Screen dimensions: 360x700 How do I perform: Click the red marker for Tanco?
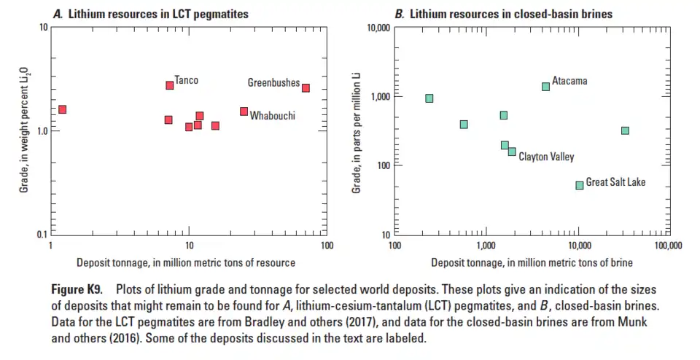tap(170, 85)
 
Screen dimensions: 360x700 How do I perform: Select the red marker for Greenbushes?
tap(306, 87)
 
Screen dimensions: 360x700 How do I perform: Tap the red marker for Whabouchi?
tap(244, 111)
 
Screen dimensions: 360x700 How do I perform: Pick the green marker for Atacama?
tap(545, 87)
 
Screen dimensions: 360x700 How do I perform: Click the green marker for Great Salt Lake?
tap(580, 185)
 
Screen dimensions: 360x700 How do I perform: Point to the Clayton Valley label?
tap(546, 157)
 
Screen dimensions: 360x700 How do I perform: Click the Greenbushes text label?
tap(273, 83)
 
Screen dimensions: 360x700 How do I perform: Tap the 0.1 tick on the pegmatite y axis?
tap(42, 235)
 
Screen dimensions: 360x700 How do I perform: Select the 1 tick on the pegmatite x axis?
tap(50, 246)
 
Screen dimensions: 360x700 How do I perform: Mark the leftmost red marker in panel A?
tap(62, 109)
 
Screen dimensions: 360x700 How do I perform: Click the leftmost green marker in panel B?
tap(429, 98)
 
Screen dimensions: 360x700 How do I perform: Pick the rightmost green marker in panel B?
tap(625, 130)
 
